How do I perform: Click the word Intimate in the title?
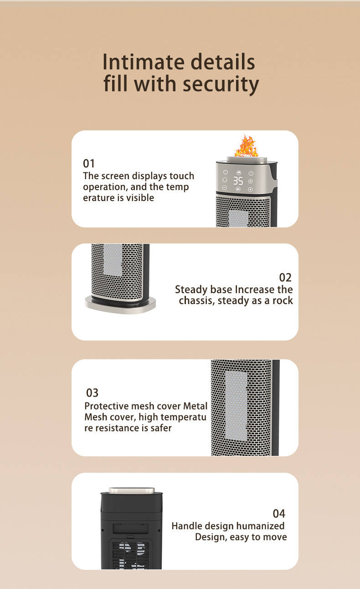[x=143, y=62]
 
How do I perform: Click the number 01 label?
[x=88, y=164]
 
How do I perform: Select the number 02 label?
[x=285, y=278]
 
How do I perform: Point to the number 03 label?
[x=92, y=393]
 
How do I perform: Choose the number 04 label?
[x=279, y=513]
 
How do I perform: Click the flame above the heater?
[x=246, y=146]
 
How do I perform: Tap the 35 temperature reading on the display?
[x=238, y=181]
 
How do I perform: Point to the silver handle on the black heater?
[x=131, y=491]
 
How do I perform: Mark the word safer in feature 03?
[x=161, y=428]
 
